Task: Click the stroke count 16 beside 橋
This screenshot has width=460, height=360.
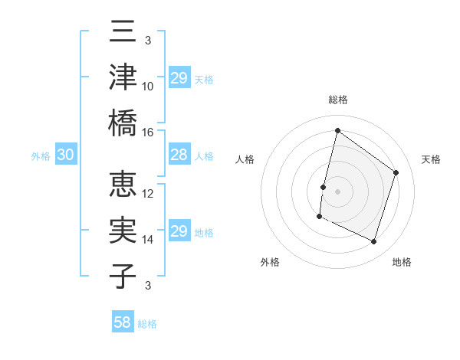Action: point(148,132)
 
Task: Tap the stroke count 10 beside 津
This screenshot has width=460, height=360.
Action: point(148,87)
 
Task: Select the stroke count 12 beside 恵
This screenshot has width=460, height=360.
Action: point(148,194)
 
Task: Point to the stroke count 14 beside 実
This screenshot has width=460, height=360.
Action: point(148,239)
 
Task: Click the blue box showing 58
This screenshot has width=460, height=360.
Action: point(123,322)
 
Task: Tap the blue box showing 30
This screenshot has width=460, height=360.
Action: point(66,155)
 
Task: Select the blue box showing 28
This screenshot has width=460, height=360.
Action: point(179,155)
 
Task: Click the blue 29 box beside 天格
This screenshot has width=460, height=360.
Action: point(179,78)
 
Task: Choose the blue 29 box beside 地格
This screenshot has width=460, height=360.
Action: point(179,231)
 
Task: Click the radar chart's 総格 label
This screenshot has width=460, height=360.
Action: point(338,100)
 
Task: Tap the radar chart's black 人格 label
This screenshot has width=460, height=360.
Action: point(245,159)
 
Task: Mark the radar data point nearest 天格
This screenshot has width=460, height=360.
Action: point(396,172)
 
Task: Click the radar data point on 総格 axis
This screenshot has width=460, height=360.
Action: point(337,130)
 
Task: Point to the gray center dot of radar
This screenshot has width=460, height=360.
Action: point(337,191)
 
